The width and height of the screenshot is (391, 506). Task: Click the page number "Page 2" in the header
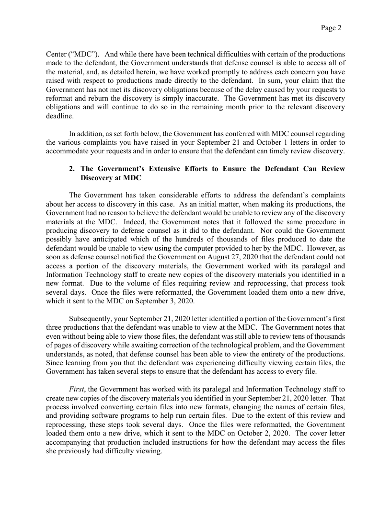point(331,28)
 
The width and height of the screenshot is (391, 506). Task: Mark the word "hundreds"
point(208,239)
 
